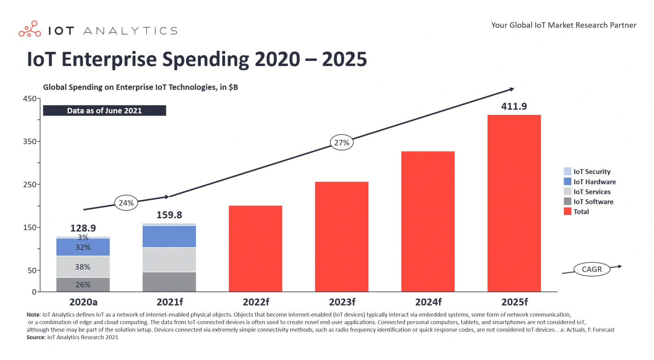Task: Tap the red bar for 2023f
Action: [x=342, y=237]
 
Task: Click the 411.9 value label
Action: [x=514, y=107]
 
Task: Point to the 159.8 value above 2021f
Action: [x=169, y=215]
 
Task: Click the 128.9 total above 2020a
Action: [x=83, y=228]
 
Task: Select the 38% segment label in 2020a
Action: [x=83, y=267]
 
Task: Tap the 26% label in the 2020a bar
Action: [x=83, y=285]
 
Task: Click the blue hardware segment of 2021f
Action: [x=169, y=237]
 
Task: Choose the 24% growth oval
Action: [x=126, y=203]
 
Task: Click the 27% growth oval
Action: [x=342, y=143]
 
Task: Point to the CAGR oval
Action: [x=591, y=269]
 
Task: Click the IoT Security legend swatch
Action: [x=567, y=172]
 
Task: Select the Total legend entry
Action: [x=581, y=212]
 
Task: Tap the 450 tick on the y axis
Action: [x=30, y=99]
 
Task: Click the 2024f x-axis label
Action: [x=428, y=302]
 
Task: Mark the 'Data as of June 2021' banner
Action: [x=105, y=111]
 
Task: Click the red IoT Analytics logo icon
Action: [x=30, y=29]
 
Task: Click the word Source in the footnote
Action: [x=36, y=337]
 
